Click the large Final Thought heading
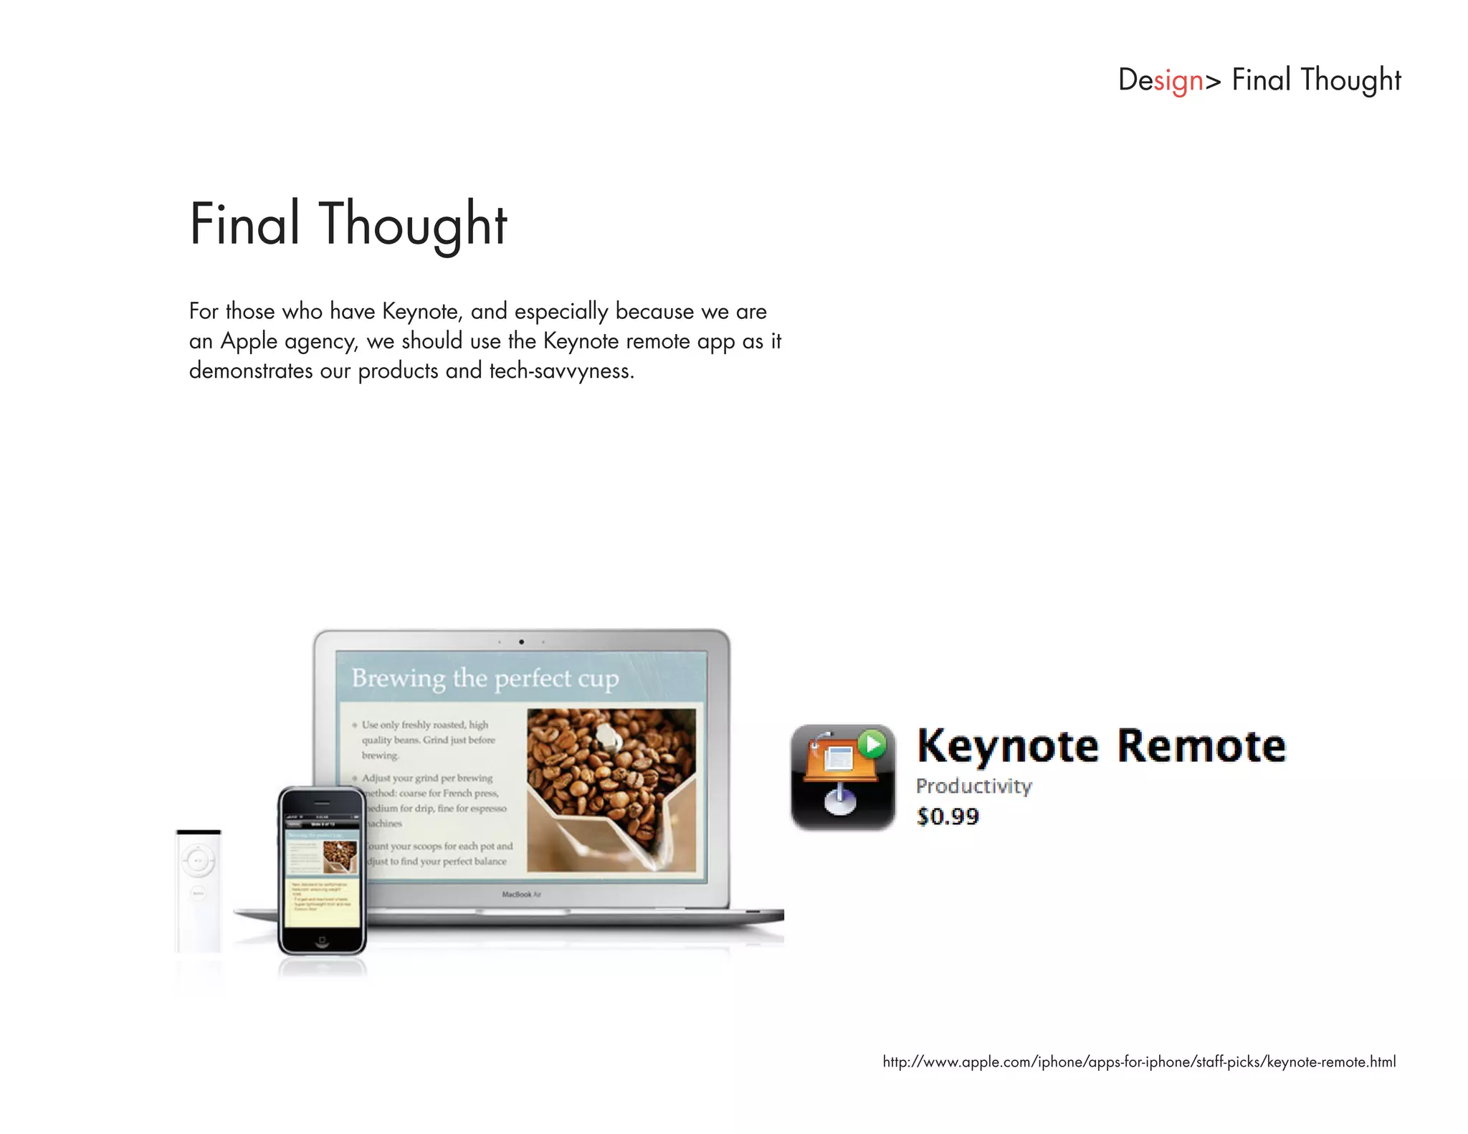[348, 224]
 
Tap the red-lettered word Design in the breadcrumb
[1160, 80]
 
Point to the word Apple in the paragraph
[249, 341]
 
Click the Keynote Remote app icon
[843, 777]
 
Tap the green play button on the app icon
[872, 744]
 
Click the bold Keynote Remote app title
[1102, 746]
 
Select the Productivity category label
[973, 786]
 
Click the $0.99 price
[948, 816]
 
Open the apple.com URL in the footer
[1139, 1062]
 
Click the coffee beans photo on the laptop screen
[611, 789]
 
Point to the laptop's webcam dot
[521, 642]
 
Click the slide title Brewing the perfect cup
[485, 678]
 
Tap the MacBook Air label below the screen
[521, 895]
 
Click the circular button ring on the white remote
[199, 860]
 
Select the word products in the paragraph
[398, 371]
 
